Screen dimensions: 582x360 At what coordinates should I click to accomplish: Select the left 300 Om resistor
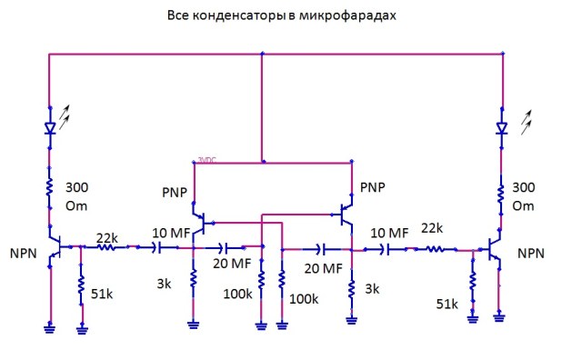(49, 192)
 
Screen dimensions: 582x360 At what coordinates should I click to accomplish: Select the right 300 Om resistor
(500, 194)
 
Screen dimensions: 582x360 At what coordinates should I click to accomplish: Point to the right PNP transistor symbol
(346, 215)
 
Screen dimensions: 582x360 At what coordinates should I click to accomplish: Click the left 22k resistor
(107, 246)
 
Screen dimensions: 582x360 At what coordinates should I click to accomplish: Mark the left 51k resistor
(81, 290)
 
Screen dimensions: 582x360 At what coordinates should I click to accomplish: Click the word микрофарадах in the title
(350, 16)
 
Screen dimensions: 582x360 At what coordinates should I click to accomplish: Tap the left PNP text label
(173, 193)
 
